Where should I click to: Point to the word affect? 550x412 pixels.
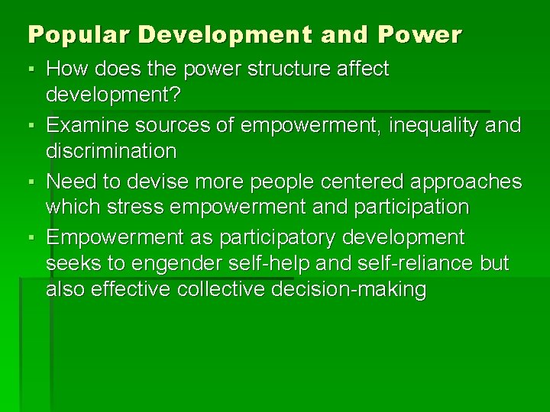pos(362,69)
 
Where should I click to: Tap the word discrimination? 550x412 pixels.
pos(111,151)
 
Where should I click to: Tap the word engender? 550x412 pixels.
pos(178,264)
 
